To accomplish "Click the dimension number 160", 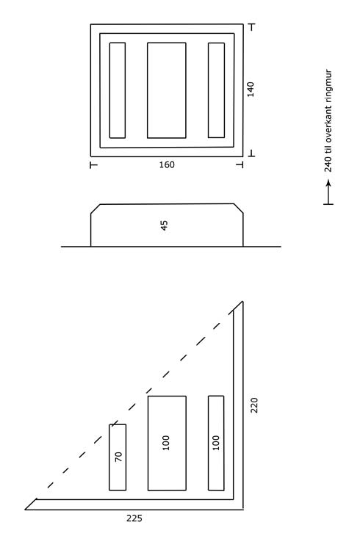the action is click(x=167, y=164).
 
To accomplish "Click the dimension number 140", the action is click(x=251, y=90).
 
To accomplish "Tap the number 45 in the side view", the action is click(x=164, y=225).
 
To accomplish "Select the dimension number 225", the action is click(x=134, y=518).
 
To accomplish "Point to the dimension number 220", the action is click(x=254, y=405).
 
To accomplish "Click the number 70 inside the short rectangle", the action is click(x=119, y=457).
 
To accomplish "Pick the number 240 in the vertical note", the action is click(x=328, y=164).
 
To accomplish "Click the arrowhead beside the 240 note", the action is click(x=328, y=183).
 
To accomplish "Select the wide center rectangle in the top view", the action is click(x=167, y=90).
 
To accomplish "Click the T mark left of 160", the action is click(x=93, y=164).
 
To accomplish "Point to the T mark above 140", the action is click(x=252, y=26).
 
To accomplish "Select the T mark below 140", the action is click(x=252, y=153).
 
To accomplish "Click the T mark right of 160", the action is click(x=240, y=164).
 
